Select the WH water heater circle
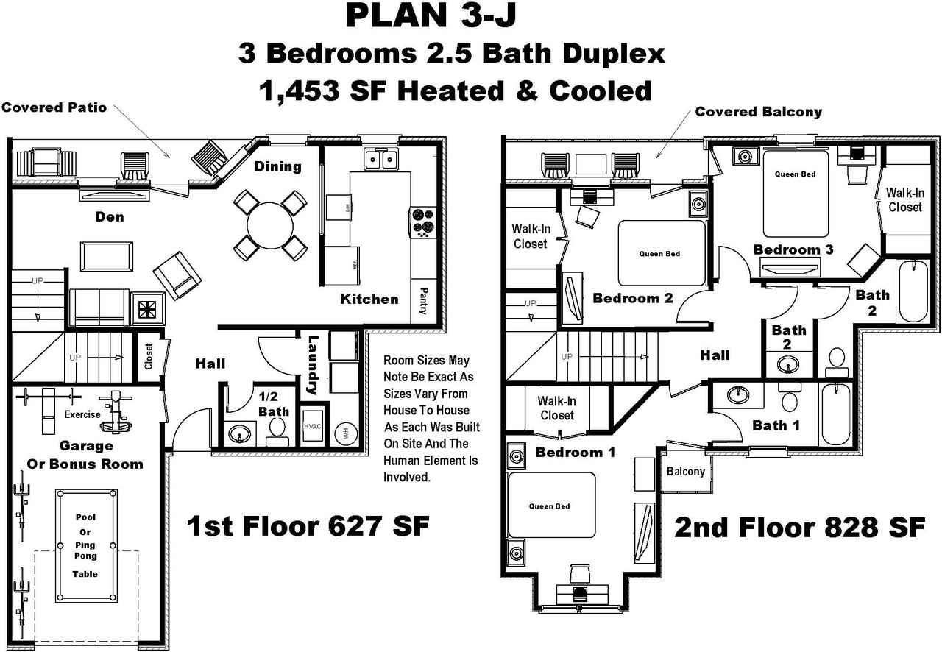(x=343, y=433)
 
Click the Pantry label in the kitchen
(x=422, y=300)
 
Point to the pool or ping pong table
(x=85, y=545)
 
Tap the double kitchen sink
(x=380, y=159)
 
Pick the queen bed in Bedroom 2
(x=659, y=253)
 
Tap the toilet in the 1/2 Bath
(x=277, y=430)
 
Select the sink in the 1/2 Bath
(x=241, y=433)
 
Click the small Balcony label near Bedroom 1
(x=685, y=471)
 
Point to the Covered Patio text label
(x=54, y=107)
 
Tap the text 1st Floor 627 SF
(x=308, y=526)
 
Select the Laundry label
(x=313, y=365)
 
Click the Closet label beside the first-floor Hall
(x=149, y=357)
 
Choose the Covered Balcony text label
(x=758, y=112)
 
